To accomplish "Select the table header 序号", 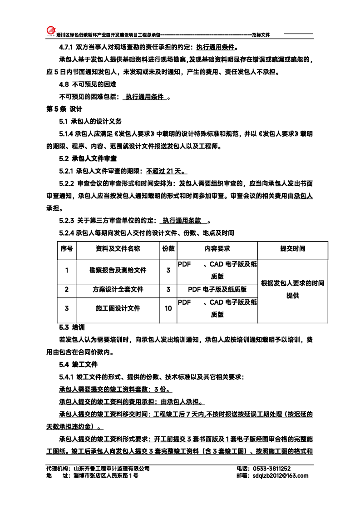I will click(x=67, y=249).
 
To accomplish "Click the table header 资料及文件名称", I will click(x=118, y=249).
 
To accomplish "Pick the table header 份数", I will click(x=168, y=249).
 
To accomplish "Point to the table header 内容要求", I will click(x=217, y=249).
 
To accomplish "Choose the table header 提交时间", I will click(x=292, y=249).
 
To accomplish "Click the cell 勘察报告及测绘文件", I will click(x=118, y=270).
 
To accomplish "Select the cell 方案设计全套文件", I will click(x=118, y=289).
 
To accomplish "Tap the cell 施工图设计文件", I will click(x=118, y=308).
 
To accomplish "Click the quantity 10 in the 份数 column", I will click(x=168, y=308).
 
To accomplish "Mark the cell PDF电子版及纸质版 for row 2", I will click(x=217, y=289).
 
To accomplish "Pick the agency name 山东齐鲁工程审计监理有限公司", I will click(x=111, y=469).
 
